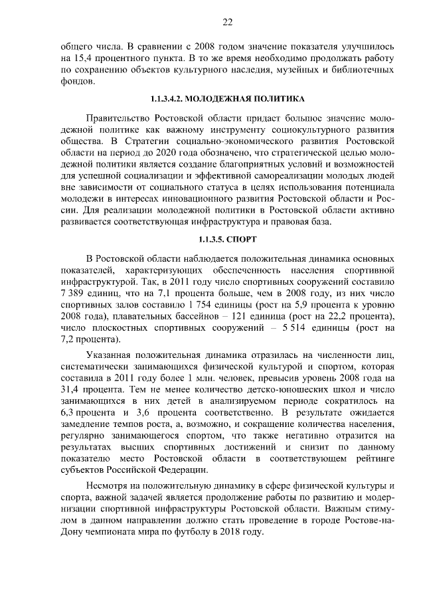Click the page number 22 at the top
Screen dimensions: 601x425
[227, 22]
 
